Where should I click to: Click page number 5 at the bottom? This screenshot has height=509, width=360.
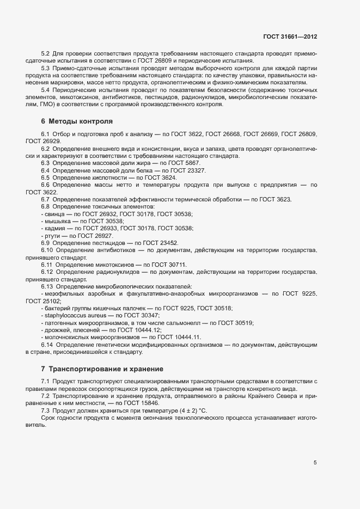click(x=315, y=463)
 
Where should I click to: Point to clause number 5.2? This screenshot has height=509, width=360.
click(x=46, y=54)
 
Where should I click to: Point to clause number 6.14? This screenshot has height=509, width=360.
click(x=47, y=345)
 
